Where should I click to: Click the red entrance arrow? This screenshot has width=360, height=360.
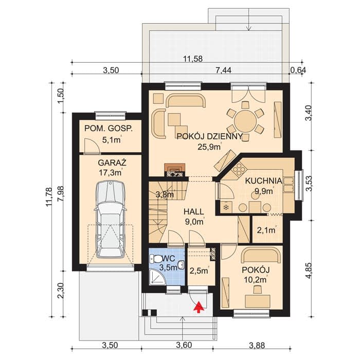pos(199,307)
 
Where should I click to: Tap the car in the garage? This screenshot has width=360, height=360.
pos(111,219)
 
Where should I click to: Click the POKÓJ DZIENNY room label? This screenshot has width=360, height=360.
pos(209,137)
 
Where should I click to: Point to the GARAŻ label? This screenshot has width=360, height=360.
pos(112,163)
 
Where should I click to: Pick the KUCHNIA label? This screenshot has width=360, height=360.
pos(263,181)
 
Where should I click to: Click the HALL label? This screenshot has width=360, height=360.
pos(194,212)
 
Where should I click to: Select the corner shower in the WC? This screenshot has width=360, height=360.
pos(157,277)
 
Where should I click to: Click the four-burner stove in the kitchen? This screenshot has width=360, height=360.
pos(239,170)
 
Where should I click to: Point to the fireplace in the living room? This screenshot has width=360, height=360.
pos(175,170)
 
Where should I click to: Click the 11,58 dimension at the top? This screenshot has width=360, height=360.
pos(193,59)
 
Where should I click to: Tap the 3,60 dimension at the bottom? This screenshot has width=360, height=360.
pos(184,345)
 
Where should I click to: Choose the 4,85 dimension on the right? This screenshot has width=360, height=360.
pos(309,271)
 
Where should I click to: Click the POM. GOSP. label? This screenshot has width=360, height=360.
pos(109,129)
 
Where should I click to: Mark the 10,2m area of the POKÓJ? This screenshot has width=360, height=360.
pos(255,279)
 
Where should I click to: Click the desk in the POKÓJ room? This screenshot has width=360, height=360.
pos(257,301)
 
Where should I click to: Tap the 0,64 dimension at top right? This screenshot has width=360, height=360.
pos(298,70)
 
